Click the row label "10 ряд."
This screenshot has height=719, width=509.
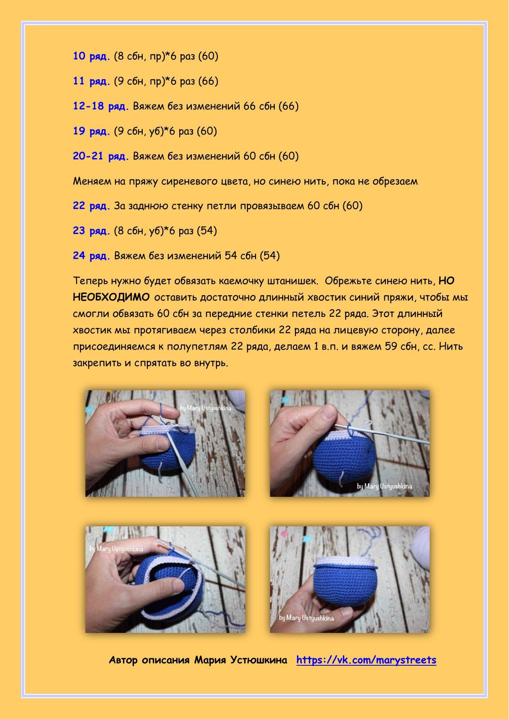pos(92,57)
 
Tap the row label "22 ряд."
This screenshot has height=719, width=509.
pos(92,206)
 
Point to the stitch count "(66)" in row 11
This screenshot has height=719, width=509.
pos(208,81)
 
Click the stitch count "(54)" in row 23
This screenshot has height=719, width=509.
pos(207,231)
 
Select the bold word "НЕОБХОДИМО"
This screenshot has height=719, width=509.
pos(111,297)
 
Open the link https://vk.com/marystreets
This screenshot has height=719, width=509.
pos(366,660)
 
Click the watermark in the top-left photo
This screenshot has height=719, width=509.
pos(206,408)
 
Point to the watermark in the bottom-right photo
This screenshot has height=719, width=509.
pos(306,618)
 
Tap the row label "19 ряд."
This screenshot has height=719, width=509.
pos(92,131)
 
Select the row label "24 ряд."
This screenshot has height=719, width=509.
pos(92,256)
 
